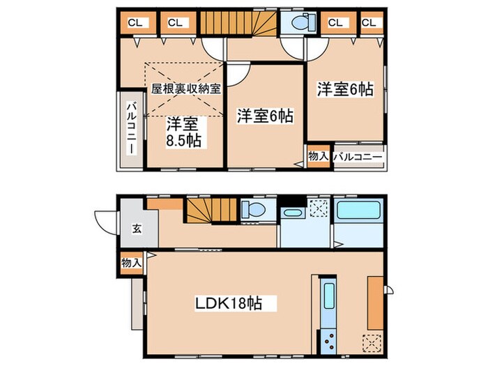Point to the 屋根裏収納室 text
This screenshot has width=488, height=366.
187,89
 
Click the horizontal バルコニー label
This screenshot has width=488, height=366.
358,157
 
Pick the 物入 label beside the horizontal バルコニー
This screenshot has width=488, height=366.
318,157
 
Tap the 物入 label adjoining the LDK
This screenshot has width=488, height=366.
130,263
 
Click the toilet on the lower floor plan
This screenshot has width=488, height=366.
251,209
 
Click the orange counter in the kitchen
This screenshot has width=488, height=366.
374,300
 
